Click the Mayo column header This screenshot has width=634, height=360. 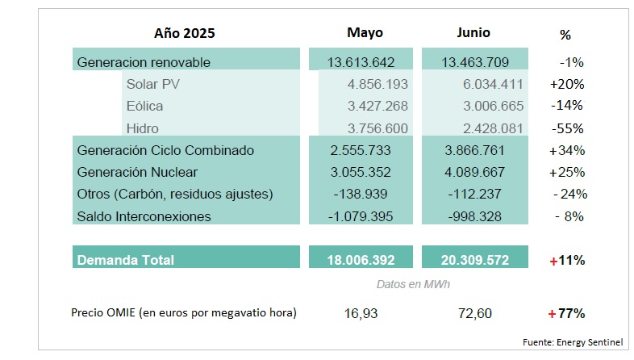(365, 33)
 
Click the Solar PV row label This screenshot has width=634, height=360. (153, 84)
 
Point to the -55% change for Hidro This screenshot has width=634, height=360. (568, 128)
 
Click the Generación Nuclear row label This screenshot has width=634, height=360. (136, 172)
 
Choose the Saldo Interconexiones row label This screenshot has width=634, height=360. (144, 216)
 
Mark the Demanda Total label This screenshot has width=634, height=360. (125, 260)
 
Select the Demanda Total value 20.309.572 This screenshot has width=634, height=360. (475, 260)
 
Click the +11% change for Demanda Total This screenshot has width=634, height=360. (566, 260)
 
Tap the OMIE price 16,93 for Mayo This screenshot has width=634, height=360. (365, 312)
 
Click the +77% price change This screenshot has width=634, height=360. (566, 312)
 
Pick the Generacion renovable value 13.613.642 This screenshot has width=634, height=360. (361, 62)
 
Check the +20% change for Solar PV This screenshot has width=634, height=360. (566, 84)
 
